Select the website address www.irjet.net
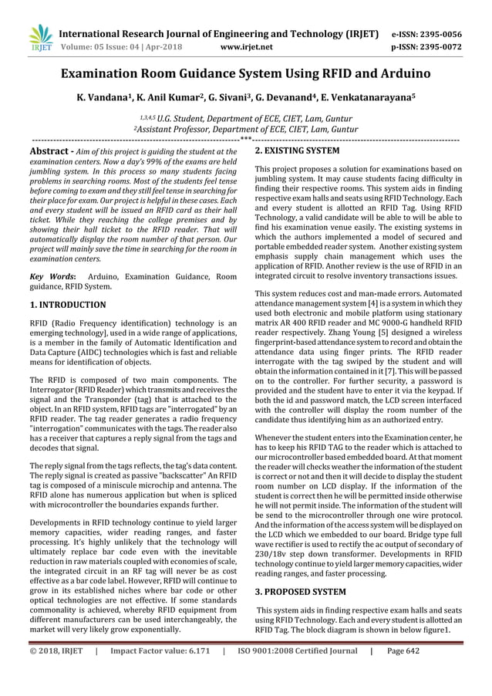246,47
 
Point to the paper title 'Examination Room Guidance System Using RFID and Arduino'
246,75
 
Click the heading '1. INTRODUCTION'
67,305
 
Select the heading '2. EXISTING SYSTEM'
297,151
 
